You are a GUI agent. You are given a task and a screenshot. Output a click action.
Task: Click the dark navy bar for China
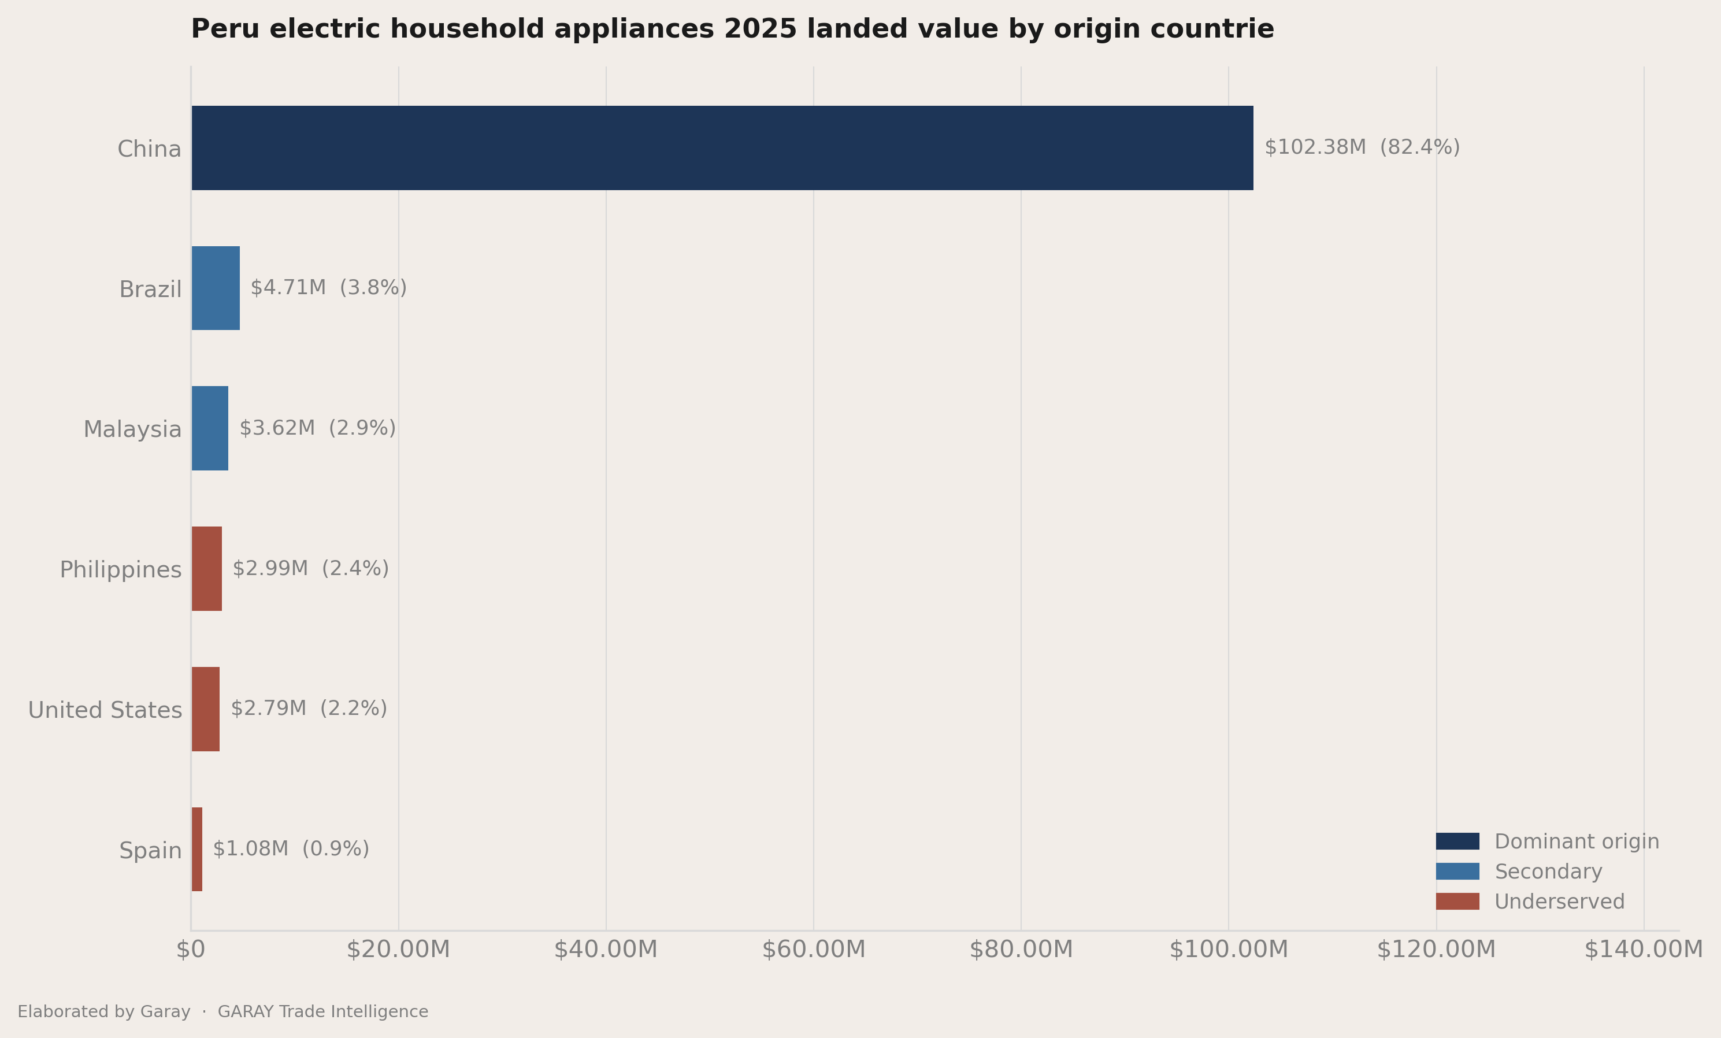(722, 148)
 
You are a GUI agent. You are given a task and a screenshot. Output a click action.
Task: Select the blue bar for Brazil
(216, 288)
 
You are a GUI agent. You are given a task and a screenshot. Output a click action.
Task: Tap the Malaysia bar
(210, 428)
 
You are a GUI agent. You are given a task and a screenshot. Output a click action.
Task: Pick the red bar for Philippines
(207, 569)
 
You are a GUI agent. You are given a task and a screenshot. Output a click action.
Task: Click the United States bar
(205, 709)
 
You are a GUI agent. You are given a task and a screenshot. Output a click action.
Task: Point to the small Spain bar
(197, 850)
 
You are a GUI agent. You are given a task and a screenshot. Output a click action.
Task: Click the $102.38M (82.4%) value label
(1362, 147)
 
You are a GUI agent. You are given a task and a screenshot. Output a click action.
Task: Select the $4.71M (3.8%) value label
(328, 288)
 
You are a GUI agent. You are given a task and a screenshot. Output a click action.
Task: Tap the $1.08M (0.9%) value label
(291, 848)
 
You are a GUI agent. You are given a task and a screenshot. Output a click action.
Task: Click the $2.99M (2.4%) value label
(310, 569)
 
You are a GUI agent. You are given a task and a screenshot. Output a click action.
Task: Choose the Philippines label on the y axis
(121, 570)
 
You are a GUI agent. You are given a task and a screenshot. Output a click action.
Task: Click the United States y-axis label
(105, 710)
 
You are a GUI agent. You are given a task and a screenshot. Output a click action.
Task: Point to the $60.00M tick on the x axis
(813, 950)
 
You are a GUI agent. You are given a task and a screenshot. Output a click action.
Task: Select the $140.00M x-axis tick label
(1644, 950)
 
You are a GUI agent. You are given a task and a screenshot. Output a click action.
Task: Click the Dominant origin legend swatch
(1457, 841)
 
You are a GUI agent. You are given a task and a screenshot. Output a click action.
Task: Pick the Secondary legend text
(1548, 872)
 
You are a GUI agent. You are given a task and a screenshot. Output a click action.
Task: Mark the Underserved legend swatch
(1457, 901)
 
